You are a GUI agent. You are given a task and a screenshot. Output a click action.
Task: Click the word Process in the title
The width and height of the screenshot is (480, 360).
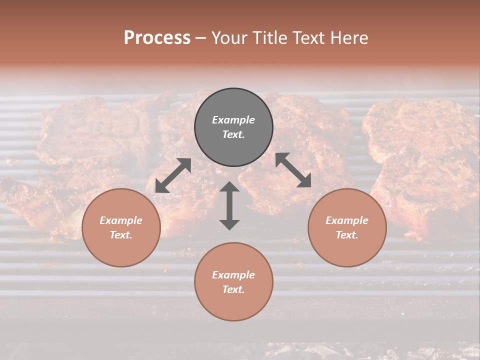pyautogui.click(x=157, y=38)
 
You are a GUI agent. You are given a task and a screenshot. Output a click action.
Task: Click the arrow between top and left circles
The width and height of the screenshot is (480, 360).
pyautogui.click(x=173, y=175)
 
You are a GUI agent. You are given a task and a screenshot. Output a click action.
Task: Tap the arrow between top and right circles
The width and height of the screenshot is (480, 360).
pyautogui.click(x=293, y=170)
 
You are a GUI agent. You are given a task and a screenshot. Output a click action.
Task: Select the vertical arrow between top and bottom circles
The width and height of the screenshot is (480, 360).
pyautogui.click(x=229, y=205)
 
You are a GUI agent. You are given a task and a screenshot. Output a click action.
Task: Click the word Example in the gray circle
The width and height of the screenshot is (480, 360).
pyautogui.click(x=233, y=120)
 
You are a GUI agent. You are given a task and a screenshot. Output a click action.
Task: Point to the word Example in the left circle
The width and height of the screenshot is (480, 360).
pyautogui.click(x=121, y=220)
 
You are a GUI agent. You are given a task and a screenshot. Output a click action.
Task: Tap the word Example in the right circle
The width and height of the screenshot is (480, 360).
pyautogui.click(x=347, y=220)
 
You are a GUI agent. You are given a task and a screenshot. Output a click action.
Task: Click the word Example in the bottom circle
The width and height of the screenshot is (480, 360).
pyautogui.click(x=233, y=275)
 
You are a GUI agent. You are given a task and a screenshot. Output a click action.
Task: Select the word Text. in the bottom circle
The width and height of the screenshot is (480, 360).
pyautogui.click(x=233, y=289)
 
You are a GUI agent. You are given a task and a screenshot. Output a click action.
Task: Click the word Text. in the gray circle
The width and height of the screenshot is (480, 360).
pyautogui.click(x=233, y=134)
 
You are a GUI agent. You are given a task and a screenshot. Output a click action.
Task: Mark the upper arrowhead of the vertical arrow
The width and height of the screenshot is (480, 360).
pyautogui.click(x=229, y=187)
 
